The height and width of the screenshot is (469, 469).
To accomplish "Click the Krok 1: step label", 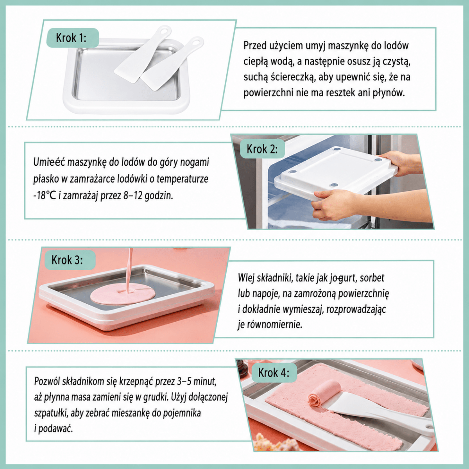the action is tap(73, 38).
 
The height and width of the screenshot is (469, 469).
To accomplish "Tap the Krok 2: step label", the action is tap(262, 149).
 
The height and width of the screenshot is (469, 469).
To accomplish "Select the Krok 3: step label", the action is tap(70, 260).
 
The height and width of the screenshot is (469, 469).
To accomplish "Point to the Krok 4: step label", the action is tap(274, 372).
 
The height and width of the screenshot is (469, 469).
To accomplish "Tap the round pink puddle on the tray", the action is tap(123, 294).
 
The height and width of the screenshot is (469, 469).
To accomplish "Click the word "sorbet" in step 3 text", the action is tap(372, 278).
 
